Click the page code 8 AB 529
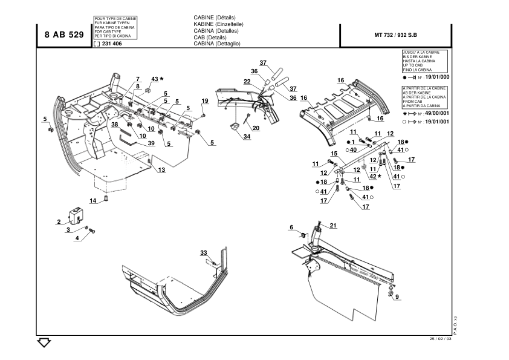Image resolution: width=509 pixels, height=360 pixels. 64,34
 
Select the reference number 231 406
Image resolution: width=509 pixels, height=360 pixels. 112,44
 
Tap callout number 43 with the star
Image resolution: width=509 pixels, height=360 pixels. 157,79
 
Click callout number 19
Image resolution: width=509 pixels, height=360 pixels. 205,100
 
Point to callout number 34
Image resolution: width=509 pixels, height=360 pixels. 247,137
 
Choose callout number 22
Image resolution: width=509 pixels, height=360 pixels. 247,82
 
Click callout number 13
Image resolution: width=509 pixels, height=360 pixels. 161,170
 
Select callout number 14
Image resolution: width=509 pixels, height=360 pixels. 93,200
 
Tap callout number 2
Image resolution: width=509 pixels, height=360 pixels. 59,222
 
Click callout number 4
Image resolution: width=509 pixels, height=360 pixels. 77,238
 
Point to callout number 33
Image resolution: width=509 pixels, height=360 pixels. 204,252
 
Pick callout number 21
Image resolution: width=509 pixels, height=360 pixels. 332,225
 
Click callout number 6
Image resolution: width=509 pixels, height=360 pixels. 291,227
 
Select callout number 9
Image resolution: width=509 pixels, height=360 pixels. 397,296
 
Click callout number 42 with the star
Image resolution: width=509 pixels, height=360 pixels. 375,176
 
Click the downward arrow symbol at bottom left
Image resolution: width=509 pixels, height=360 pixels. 44,343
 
